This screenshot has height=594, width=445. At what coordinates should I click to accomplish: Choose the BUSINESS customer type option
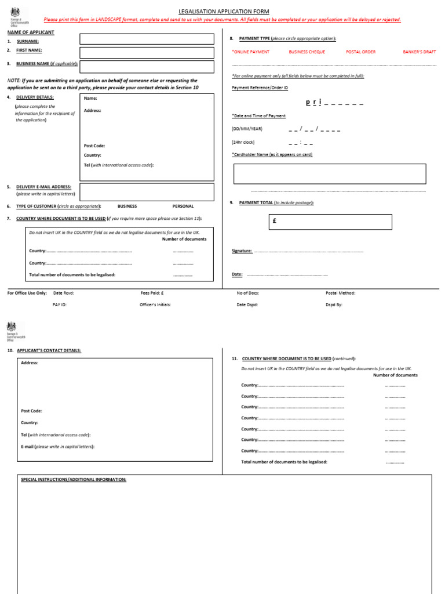pyautogui.click(x=127, y=206)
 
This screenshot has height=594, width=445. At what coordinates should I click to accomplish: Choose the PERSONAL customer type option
pyautogui.click(x=183, y=206)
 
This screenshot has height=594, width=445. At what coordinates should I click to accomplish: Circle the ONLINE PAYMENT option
pyautogui.click(x=250, y=52)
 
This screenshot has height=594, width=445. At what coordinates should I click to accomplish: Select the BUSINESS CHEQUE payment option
pyautogui.click(x=307, y=52)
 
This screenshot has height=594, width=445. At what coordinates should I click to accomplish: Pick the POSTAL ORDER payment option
pyautogui.click(x=360, y=52)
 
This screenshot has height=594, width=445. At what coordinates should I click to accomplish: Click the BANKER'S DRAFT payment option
pyautogui.click(x=420, y=52)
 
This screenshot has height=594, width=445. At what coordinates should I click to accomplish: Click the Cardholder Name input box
pyautogui.click(x=329, y=174)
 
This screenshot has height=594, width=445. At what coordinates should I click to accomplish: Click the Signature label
pyautogui.click(x=242, y=251)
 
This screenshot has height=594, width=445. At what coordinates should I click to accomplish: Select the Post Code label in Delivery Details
pyautogui.click(x=94, y=146)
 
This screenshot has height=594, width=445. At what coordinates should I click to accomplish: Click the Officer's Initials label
pyautogui.click(x=155, y=305)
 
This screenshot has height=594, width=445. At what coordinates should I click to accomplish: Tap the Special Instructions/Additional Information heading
pyautogui.click(x=74, y=480)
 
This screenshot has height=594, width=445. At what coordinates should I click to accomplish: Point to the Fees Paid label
pyautogui.click(x=152, y=293)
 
